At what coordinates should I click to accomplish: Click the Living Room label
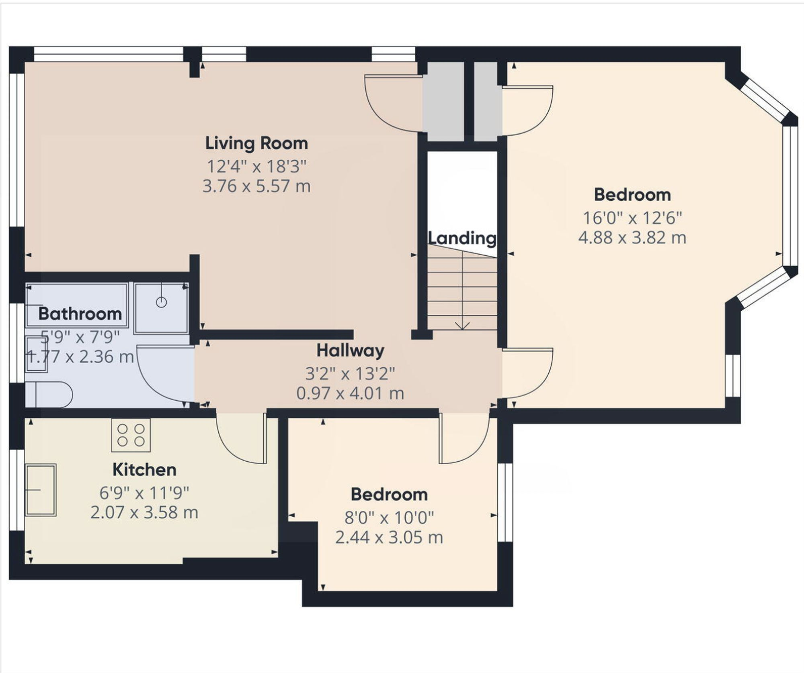[x=256, y=144]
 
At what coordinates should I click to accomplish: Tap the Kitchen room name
[x=144, y=470]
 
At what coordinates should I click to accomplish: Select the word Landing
[x=462, y=238]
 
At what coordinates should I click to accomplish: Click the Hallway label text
[x=350, y=351]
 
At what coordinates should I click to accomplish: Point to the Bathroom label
[x=80, y=314]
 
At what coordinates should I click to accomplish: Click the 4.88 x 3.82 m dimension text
[x=632, y=238]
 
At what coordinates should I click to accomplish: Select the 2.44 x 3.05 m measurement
[x=389, y=537]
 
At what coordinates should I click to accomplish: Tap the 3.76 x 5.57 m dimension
[x=256, y=186]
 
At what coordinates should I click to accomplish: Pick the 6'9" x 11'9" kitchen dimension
[x=144, y=492]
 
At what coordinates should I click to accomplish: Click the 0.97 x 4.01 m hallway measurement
[x=350, y=393]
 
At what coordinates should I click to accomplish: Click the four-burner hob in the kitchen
[x=131, y=435]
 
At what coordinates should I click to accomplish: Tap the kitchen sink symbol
[x=41, y=490]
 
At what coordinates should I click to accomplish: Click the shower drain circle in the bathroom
[x=161, y=302]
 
